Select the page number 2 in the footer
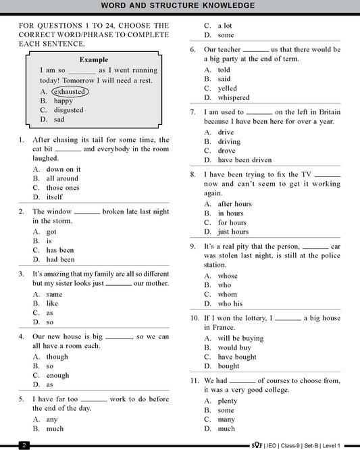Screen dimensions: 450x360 pyautogui.click(x=24, y=445)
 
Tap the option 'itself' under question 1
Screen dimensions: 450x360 pyautogui.click(x=53, y=197)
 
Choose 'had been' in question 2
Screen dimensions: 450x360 pyautogui.click(x=60, y=259)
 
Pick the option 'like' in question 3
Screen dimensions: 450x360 pyautogui.click(x=52, y=303)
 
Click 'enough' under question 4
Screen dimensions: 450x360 pyautogui.click(x=57, y=375)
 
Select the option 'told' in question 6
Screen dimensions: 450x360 pyautogui.click(x=224, y=70)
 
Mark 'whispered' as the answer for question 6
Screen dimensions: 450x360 pyautogui.click(x=233, y=97)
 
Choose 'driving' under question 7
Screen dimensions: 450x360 pyautogui.click(x=229, y=142)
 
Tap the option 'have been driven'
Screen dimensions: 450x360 pyautogui.click(x=245, y=160)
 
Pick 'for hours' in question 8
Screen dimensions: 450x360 pyautogui.click(x=232, y=222)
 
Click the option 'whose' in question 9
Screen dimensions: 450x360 pyautogui.click(x=228, y=276)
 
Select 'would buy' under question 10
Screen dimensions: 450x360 pyautogui.click(x=234, y=347)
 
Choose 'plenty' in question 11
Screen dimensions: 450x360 pyautogui.click(x=228, y=401)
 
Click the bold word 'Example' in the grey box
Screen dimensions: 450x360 pyautogui.click(x=94, y=59)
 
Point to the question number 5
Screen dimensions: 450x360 pyautogui.click(x=22, y=399)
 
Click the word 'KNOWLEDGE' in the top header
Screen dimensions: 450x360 pyautogui.click(x=223, y=5)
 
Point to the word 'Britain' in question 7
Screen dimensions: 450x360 pyautogui.click(x=327, y=112)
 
